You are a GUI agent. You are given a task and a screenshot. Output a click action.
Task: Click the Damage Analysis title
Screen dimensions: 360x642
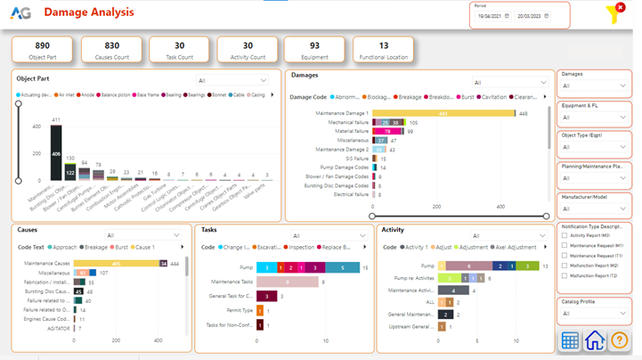[x=89, y=12]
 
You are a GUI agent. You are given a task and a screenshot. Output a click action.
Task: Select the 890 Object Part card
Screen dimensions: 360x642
[x=42, y=50]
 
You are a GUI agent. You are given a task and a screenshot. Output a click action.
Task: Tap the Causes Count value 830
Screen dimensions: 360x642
[x=111, y=45]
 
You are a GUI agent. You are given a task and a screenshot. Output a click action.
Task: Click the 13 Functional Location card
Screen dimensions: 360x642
[x=383, y=50]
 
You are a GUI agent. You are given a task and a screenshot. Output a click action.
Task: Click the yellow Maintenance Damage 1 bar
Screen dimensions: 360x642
[x=443, y=113]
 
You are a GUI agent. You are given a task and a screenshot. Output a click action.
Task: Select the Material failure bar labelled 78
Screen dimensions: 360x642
[x=386, y=131]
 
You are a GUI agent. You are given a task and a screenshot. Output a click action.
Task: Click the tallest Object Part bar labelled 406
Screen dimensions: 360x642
[x=56, y=153]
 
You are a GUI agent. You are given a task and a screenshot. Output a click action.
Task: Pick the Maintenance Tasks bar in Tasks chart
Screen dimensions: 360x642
[x=287, y=282]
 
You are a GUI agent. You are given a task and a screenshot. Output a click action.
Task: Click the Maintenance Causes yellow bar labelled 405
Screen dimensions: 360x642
[x=116, y=264]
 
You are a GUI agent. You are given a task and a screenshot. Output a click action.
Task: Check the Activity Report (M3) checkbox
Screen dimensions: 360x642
[x=565, y=236]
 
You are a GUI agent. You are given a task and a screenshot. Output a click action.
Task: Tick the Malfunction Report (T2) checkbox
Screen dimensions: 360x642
[x=565, y=276]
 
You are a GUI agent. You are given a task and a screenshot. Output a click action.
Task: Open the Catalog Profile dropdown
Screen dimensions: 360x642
[x=594, y=314]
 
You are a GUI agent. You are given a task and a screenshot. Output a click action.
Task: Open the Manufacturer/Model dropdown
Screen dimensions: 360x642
[x=594, y=209]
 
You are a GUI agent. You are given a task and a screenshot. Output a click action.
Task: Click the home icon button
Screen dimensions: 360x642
[x=594, y=340]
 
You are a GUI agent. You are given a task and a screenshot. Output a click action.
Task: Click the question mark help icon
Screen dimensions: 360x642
[x=619, y=340]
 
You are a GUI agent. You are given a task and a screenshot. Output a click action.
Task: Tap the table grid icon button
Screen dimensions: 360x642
[x=570, y=340]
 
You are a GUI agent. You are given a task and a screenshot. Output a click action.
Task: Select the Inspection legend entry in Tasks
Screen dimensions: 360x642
[x=301, y=247]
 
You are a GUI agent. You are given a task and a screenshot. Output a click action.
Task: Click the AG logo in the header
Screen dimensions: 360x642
[x=20, y=13]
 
